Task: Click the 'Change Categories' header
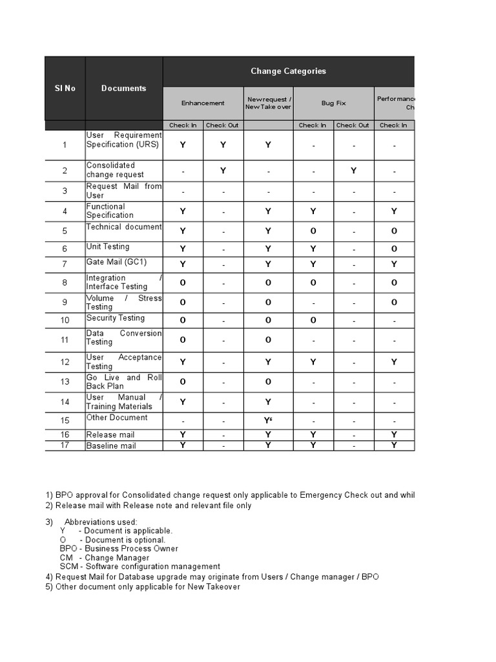point(288,71)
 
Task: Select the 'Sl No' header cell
point(65,88)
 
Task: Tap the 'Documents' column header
point(123,88)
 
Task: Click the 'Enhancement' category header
point(203,103)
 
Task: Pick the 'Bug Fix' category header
point(333,103)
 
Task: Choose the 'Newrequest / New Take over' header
point(268,103)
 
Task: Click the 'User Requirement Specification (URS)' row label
point(123,140)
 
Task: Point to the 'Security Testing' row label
point(116,318)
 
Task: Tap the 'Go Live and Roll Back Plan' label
point(123,381)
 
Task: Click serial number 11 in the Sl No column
point(65,340)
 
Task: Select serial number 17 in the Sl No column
point(65,445)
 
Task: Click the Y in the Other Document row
point(267,422)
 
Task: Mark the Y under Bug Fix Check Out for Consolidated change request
point(353,171)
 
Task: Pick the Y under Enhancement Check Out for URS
point(223,145)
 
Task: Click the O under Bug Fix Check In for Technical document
point(313,231)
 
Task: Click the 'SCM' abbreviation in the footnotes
point(68,566)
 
